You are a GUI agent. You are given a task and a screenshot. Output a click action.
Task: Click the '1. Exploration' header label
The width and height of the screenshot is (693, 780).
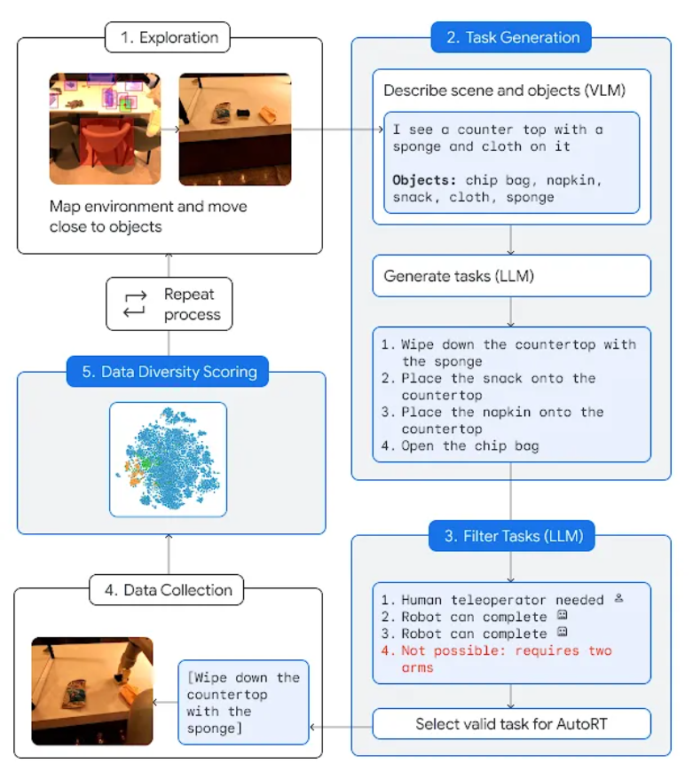click(x=169, y=38)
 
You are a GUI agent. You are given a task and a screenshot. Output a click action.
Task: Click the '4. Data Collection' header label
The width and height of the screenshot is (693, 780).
click(x=167, y=590)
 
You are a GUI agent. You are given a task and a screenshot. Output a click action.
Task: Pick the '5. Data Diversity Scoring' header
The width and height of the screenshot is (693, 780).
click(x=169, y=372)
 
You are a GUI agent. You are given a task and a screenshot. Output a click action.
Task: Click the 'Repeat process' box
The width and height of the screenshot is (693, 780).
click(x=169, y=304)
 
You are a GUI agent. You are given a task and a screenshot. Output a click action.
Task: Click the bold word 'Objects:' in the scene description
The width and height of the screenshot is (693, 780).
click(x=424, y=180)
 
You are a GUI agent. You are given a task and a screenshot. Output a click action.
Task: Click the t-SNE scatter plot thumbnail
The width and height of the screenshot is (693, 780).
click(x=168, y=460)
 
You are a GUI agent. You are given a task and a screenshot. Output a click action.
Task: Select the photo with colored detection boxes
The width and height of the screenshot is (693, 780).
click(x=105, y=130)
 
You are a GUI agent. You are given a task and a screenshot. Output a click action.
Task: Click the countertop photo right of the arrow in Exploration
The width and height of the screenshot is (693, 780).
click(x=234, y=130)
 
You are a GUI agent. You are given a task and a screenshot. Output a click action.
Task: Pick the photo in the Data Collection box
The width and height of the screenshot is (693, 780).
click(x=92, y=690)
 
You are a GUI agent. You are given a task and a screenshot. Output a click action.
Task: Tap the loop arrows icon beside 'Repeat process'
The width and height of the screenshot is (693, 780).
click(x=133, y=303)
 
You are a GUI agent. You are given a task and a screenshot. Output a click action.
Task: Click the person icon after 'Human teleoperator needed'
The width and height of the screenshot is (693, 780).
click(x=618, y=599)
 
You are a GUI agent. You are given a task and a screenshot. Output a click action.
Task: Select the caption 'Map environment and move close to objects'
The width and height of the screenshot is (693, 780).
click(x=148, y=216)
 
